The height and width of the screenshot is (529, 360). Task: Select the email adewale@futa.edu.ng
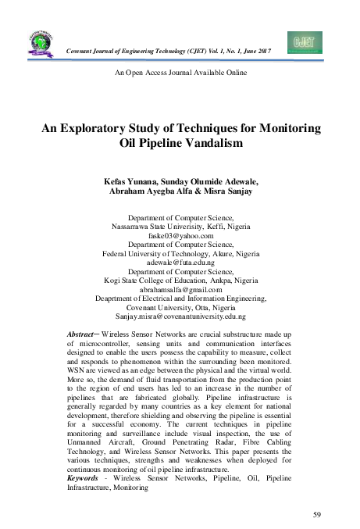[180, 263]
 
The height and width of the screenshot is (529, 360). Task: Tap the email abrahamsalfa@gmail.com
[180, 289]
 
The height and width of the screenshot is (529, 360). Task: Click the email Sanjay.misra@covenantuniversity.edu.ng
[180, 317]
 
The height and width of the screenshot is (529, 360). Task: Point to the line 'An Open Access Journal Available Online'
[180, 72]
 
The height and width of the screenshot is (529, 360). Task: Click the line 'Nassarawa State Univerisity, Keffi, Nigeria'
[180, 226]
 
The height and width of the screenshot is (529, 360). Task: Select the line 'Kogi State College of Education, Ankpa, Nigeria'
[180, 281]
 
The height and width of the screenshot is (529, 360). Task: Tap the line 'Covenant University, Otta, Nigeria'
[180, 308]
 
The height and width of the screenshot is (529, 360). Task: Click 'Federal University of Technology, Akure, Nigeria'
[180, 254]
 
